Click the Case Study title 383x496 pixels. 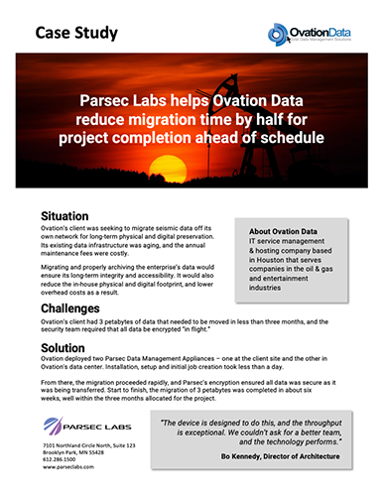click(76, 33)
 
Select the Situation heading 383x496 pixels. click(68, 215)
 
